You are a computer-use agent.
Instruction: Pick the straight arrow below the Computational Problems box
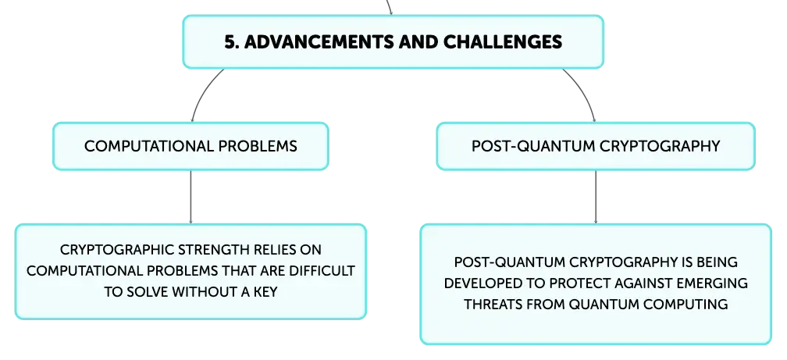point(191,197)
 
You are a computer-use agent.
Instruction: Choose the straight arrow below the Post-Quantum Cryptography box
point(596,197)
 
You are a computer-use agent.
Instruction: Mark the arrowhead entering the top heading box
point(390,12)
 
